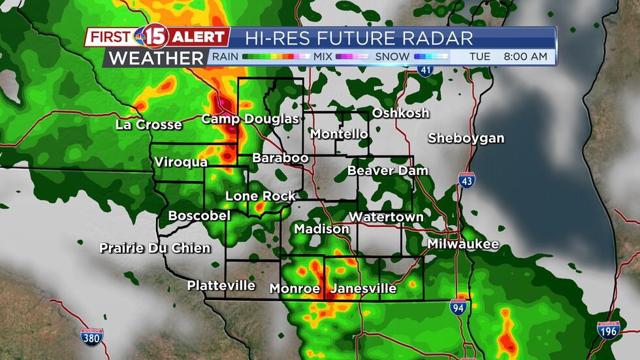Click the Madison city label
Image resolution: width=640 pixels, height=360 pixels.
(x=321, y=229)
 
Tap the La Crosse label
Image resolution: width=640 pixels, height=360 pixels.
(x=148, y=125)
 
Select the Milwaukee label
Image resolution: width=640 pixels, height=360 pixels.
(x=463, y=244)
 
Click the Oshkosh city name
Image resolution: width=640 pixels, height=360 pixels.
(x=400, y=113)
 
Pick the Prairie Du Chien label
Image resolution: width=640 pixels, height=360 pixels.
(x=155, y=248)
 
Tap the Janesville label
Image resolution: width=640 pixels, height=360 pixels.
(x=364, y=288)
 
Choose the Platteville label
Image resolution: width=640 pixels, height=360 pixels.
(x=221, y=286)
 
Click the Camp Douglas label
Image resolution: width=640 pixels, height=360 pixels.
(x=249, y=119)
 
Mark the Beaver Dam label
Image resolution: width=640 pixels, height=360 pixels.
(x=388, y=171)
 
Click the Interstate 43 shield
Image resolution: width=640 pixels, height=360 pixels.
(x=466, y=181)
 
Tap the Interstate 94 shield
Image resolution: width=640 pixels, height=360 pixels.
(x=459, y=307)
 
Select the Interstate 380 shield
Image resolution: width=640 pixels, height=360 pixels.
(x=90, y=337)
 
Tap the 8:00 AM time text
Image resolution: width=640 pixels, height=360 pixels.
(x=525, y=57)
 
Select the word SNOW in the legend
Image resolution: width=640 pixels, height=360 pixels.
(x=392, y=57)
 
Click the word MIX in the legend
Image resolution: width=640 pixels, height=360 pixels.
(x=323, y=57)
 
